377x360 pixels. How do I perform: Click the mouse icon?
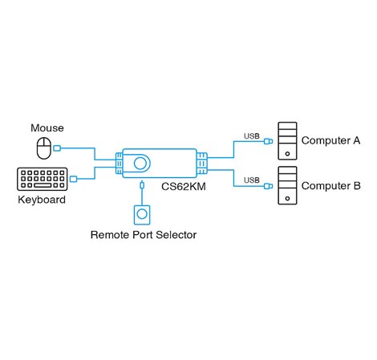coord(43,147)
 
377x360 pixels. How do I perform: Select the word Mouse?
coord(47,128)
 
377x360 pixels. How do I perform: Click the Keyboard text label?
coord(42,199)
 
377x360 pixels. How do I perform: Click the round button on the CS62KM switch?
coord(142,163)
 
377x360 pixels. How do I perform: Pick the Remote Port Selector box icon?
coord(142,215)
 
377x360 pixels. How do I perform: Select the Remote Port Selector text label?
coord(143,235)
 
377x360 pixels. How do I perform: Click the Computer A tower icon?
coord(286,141)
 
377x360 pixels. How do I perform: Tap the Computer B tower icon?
coord(286,185)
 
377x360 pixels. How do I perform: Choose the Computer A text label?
coord(330,140)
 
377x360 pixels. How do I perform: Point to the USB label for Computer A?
coord(251,136)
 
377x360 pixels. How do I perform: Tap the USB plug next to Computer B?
coord(268,187)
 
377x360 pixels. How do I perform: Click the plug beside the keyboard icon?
coord(74,179)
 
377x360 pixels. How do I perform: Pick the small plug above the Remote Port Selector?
coord(142,186)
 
